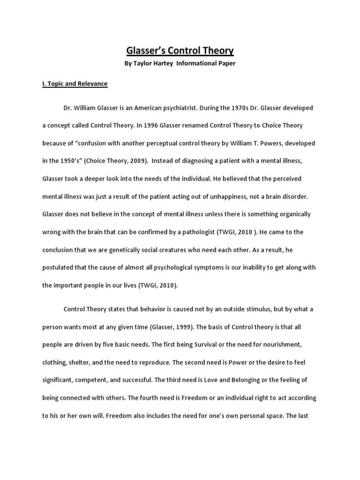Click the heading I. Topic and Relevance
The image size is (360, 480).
(x=75, y=84)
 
